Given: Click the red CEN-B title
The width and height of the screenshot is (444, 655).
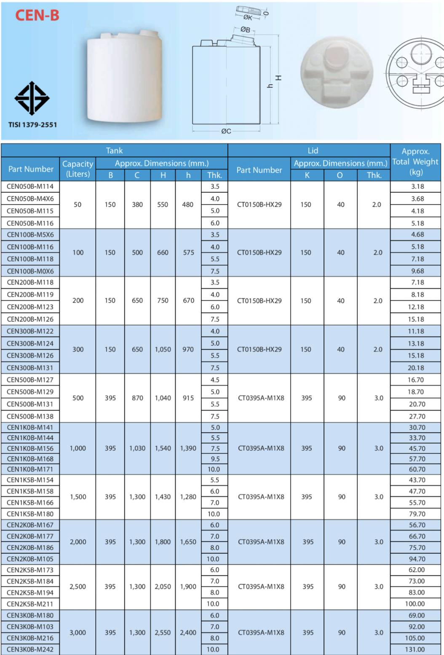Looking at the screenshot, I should click(37, 16).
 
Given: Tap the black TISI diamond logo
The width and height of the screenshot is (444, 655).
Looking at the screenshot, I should click(32, 98).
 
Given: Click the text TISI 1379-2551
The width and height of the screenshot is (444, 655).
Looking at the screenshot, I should click(32, 125).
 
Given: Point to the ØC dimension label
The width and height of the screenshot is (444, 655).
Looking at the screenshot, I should click(226, 131).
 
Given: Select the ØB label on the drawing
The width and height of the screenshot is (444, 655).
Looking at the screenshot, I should click(245, 30).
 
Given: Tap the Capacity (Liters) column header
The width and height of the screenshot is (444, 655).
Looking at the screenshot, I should click(78, 169).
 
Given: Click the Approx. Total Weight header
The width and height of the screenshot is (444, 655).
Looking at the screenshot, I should click(415, 162).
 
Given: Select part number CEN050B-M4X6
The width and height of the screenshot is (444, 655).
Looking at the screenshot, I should click(30, 199).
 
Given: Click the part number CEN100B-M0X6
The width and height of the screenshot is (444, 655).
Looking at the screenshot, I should click(30, 271).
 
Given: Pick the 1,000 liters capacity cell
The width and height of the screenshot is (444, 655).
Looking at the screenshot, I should click(78, 448).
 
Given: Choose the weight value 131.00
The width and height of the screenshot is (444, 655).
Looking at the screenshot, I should click(415, 650).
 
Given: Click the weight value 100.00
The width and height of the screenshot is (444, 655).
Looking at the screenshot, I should click(415, 604).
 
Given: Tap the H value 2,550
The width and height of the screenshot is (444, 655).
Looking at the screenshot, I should click(163, 633).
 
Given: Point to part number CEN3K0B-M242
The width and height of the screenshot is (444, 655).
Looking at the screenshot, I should click(30, 650).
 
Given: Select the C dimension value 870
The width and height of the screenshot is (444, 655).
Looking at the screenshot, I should click(137, 398).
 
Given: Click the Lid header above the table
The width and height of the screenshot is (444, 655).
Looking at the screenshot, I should click(313, 151).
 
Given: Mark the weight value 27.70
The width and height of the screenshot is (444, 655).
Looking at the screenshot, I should click(417, 416).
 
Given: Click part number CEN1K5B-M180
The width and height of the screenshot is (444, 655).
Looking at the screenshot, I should click(30, 514).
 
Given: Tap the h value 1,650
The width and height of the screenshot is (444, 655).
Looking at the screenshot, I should click(188, 542).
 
